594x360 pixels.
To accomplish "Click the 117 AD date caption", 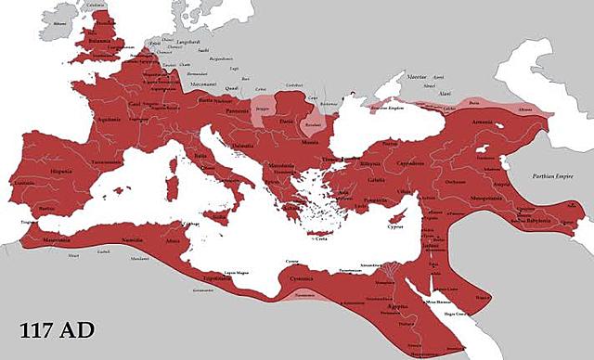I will (x=57, y=329).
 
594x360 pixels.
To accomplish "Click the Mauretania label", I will (x=57, y=239).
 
